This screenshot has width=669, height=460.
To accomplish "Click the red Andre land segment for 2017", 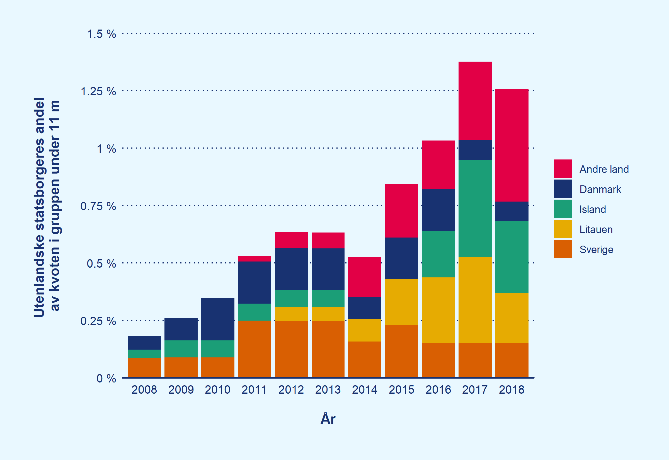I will tap(475, 101).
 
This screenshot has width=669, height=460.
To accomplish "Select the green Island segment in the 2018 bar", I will tap(512, 257).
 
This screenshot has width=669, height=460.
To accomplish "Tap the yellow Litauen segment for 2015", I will tap(401, 302).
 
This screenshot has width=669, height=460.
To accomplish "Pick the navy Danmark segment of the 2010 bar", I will tap(217, 319).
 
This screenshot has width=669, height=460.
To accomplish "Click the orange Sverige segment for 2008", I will tap(144, 367).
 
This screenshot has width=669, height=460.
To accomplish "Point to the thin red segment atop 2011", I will tap(254, 258).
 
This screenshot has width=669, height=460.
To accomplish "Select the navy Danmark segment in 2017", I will tap(475, 150).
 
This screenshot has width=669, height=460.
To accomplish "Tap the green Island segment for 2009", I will tap(181, 349).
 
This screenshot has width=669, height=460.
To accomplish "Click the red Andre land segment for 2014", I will tap(364, 277).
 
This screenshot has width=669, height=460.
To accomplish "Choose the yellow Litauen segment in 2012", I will tap(291, 314).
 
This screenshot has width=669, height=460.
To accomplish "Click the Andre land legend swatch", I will tap(563, 169).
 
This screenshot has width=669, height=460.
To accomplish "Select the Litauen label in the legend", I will tap(596, 230).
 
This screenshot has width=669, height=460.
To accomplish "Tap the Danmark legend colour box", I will tap(563, 189).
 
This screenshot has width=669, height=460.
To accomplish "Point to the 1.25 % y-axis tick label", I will tap(98, 92).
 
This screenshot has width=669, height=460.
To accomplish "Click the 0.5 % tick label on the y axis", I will tap(101, 264).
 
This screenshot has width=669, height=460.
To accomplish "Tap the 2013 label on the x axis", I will tap(328, 390).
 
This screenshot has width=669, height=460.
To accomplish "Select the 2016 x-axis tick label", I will tap(438, 390).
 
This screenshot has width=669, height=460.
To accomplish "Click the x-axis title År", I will tap(328, 419).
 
